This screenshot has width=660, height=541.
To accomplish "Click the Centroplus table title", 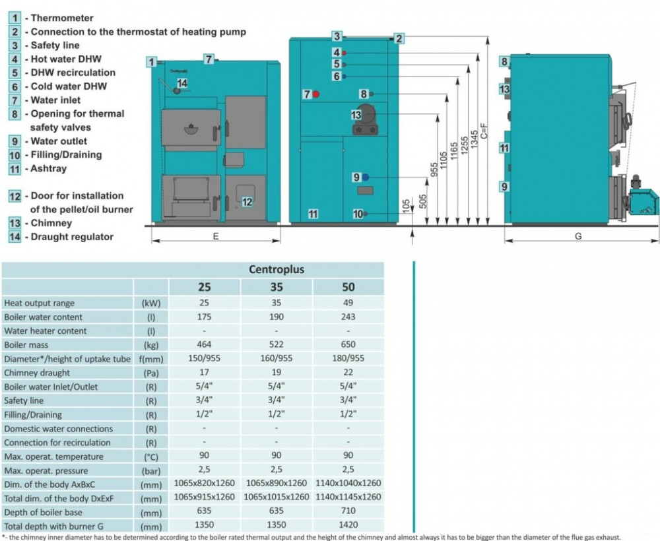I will point(276,269).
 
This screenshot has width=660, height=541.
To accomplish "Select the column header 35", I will point(276,287).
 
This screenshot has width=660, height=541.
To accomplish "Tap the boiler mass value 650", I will point(348,344).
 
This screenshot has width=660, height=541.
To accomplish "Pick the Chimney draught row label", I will point(37,373).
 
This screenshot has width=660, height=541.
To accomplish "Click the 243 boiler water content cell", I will point(348,317).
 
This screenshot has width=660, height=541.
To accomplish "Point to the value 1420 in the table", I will point(348,525).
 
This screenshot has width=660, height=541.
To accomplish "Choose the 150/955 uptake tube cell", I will point(204,359).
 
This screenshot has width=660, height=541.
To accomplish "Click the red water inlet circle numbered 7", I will point(316,94).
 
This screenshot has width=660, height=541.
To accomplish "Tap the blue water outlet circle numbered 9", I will point(365,177).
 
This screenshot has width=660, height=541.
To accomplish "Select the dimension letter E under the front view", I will point(216,237).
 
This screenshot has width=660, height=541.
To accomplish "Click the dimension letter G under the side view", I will point(578,237).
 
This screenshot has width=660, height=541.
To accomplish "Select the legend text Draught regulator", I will point(72,237).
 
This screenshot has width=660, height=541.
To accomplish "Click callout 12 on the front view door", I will point(247,202).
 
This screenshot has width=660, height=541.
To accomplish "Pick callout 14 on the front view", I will point(182,83).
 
